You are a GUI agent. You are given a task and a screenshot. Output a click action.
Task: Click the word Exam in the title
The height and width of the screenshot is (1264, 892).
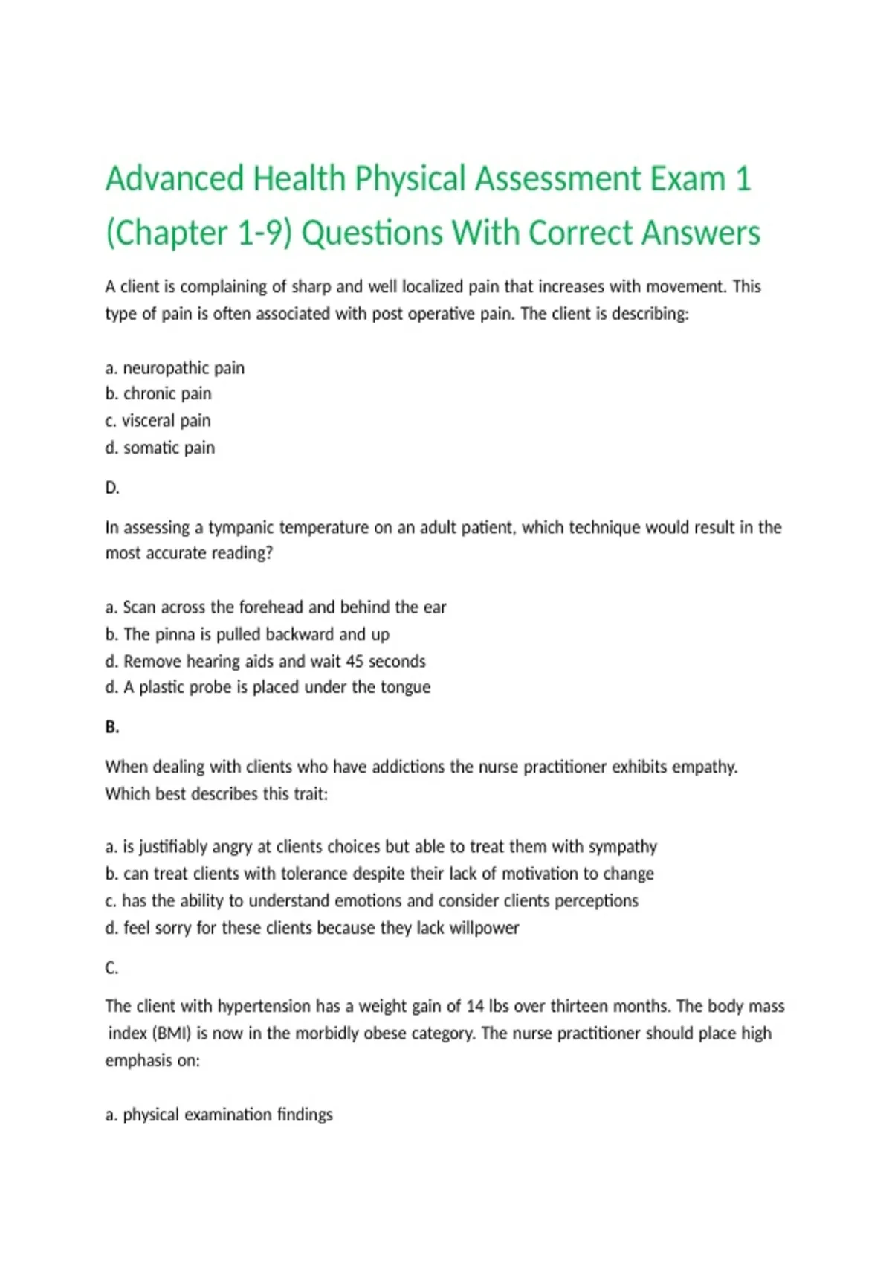(688, 179)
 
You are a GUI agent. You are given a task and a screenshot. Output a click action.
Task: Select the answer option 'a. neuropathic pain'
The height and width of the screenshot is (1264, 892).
(175, 368)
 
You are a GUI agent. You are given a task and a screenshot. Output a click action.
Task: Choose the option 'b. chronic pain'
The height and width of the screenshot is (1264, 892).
(158, 393)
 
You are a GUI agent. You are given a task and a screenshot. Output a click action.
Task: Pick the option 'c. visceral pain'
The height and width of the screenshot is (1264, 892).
(158, 421)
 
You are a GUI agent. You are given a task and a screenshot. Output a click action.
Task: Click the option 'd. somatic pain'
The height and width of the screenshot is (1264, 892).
(160, 448)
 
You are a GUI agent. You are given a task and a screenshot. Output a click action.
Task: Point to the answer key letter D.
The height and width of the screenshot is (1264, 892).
(112, 488)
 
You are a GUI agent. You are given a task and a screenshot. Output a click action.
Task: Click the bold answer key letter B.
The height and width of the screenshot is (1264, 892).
(112, 727)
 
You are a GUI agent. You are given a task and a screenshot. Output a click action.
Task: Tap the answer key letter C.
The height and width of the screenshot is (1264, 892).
(112, 968)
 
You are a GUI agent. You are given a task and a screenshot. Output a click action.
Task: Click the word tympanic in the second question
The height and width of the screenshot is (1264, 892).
(239, 528)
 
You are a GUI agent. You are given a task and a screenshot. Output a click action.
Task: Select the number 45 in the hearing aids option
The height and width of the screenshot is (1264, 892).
(355, 661)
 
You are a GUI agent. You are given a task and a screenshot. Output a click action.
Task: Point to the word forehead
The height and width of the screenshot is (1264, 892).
(271, 607)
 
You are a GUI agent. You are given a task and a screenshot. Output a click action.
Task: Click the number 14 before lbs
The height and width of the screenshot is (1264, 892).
(475, 1007)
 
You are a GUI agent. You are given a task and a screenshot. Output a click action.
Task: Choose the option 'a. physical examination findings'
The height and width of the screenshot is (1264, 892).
(219, 1115)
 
